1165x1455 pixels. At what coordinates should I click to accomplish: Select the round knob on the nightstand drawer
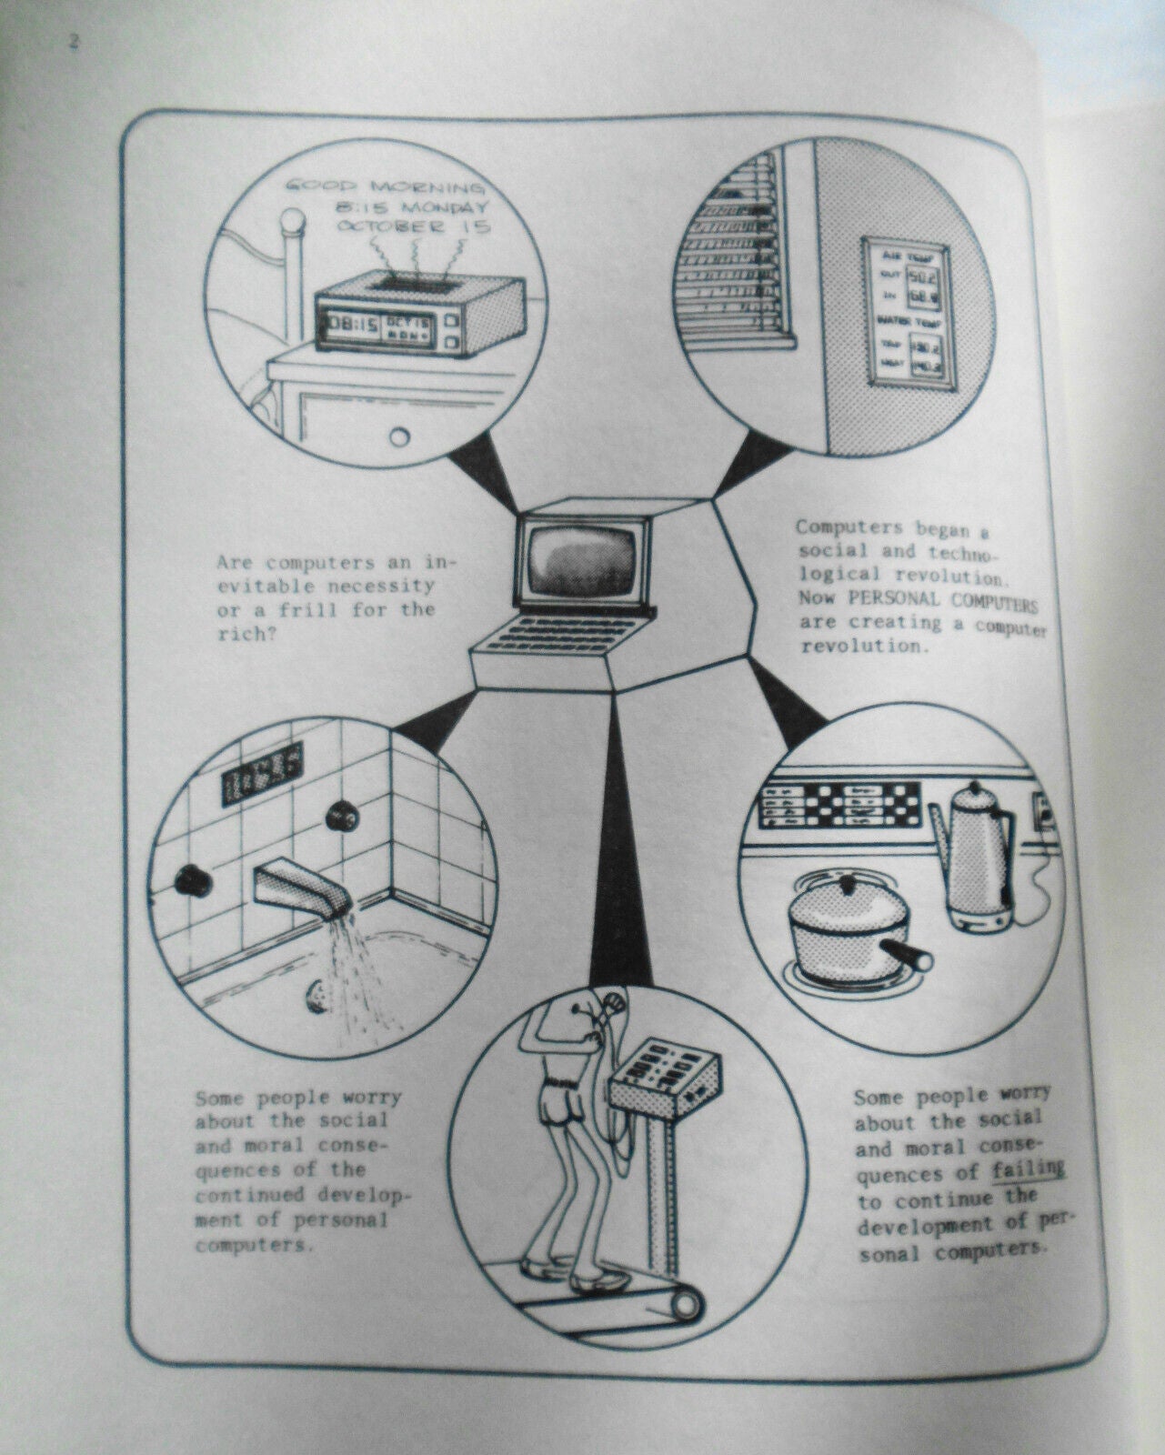click(398, 437)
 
